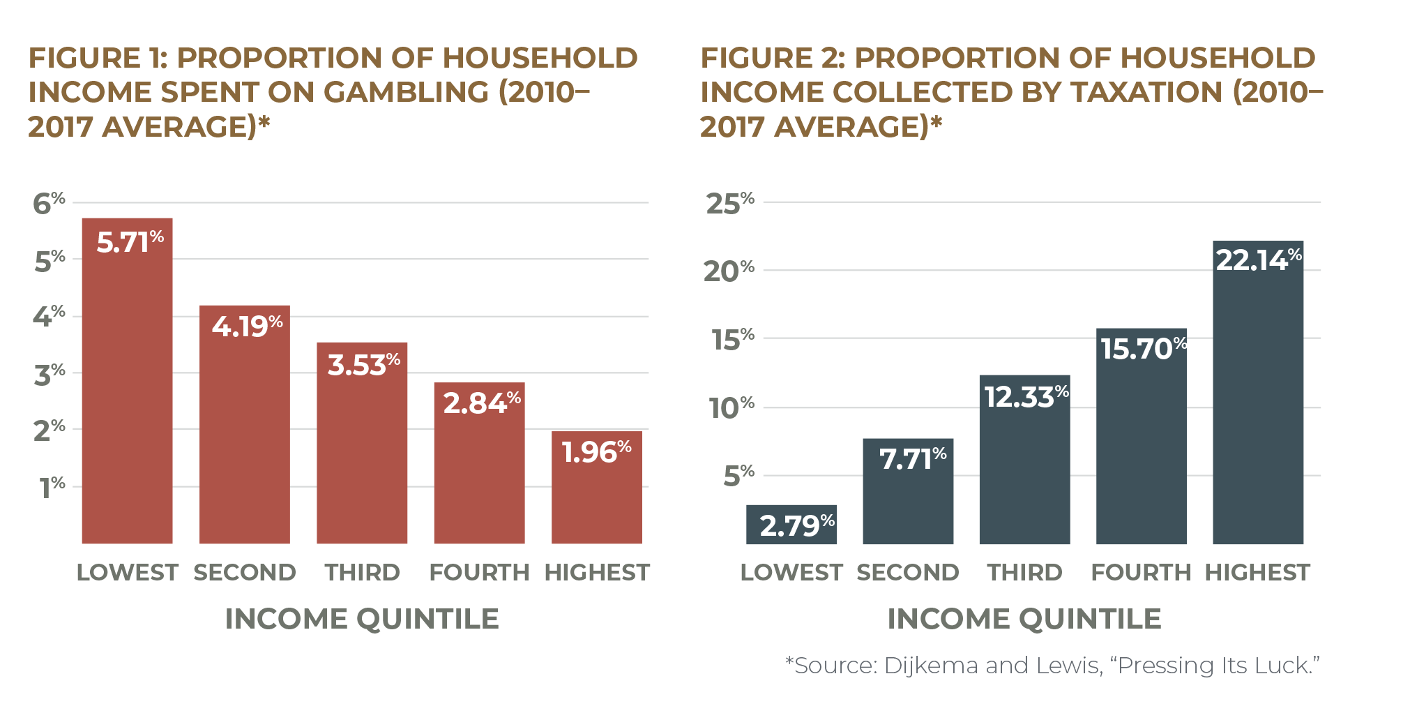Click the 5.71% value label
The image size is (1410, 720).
click(x=130, y=242)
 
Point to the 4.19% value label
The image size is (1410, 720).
click(x=247, y=326)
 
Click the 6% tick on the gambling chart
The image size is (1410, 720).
click(x=49, y=203)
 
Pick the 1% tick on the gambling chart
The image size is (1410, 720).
click(x=52, y=487)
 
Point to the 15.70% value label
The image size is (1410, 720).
click(x=1144, y=348)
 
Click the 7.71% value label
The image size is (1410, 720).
click(x=912, y=458)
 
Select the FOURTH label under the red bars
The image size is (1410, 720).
click(x=479, y=572)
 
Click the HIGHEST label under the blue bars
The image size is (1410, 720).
click(x=1257, y=572)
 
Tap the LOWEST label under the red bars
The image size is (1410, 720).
click(x=128, y=572)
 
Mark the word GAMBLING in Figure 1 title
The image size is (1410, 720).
click(x=407, y=92)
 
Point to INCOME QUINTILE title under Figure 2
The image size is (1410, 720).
click(x=1024, y=618)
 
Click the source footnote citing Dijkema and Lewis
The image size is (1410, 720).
click(x=1053, y=665)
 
